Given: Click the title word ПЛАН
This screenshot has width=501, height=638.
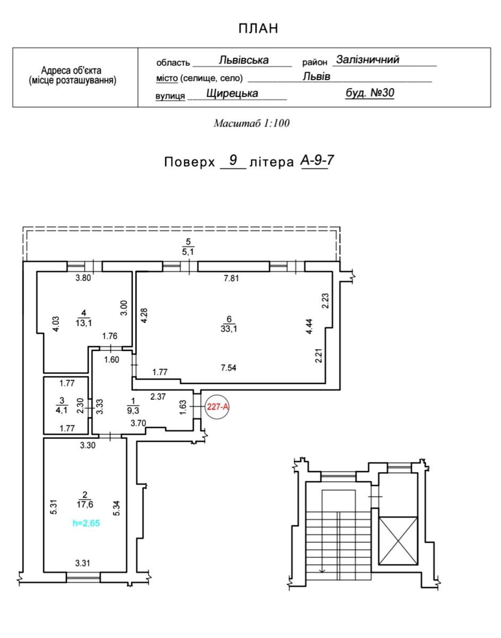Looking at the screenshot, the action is [x=258, y=29].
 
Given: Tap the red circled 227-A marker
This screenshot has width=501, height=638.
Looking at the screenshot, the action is [x=217, y=407].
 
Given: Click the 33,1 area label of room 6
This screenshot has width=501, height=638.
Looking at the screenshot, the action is [x=229, y=329].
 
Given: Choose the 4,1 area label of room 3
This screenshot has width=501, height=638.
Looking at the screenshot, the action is [x=62, y=409].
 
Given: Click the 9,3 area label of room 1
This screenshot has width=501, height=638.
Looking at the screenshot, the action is [x=133, y=410].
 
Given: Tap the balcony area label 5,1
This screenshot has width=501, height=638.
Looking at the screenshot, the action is [x=188, y=252].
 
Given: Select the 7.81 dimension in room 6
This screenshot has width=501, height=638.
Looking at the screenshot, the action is [x=231, y=278].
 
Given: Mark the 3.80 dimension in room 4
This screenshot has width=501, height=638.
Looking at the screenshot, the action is [x=83, y=278].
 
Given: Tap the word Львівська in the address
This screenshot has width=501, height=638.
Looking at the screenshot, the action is [x=243, y=60].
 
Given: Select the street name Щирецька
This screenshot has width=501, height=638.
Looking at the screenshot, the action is [x=232, y=94].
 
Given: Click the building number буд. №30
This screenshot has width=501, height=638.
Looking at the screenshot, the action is [x=370, y=93].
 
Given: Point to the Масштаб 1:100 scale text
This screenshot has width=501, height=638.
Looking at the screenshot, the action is [x=251, y=123].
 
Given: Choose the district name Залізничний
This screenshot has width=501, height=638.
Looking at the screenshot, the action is [x=368, y=60].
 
